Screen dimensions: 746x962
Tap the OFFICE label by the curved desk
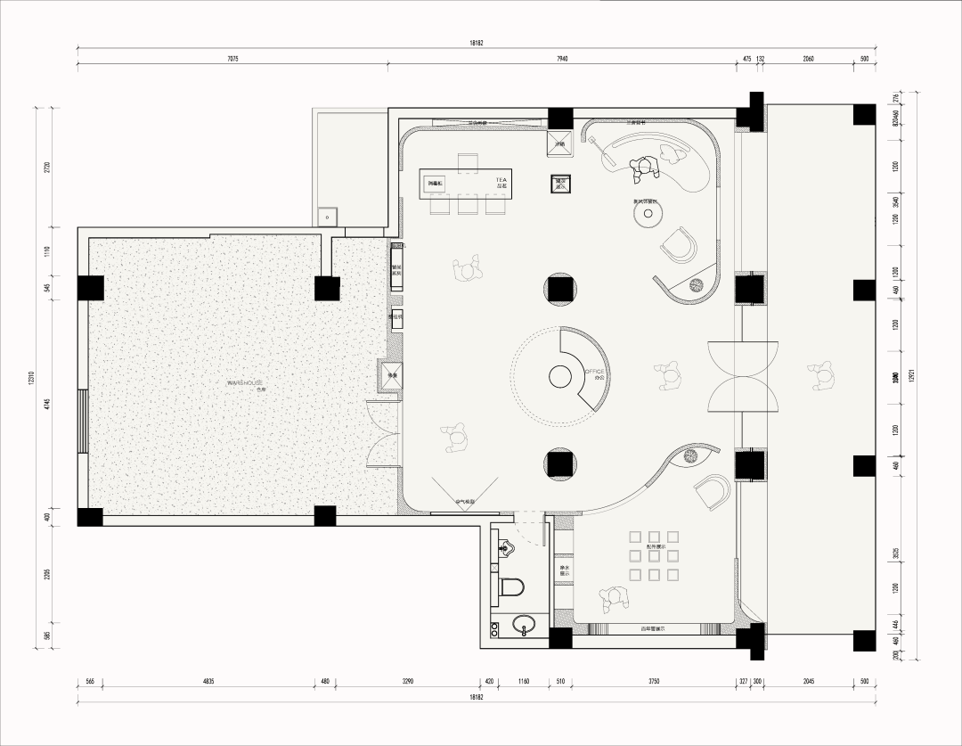593,372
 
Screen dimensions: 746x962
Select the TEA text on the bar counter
501,179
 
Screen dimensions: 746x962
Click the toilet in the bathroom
510,586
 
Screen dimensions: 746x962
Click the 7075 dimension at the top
232,59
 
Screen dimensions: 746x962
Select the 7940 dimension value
562,59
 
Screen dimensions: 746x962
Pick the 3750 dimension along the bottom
653,682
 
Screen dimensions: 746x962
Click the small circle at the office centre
560,378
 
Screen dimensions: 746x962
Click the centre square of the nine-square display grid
653,555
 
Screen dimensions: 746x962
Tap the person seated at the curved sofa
643,166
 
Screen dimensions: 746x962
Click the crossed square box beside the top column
561,143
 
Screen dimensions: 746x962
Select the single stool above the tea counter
469,161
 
